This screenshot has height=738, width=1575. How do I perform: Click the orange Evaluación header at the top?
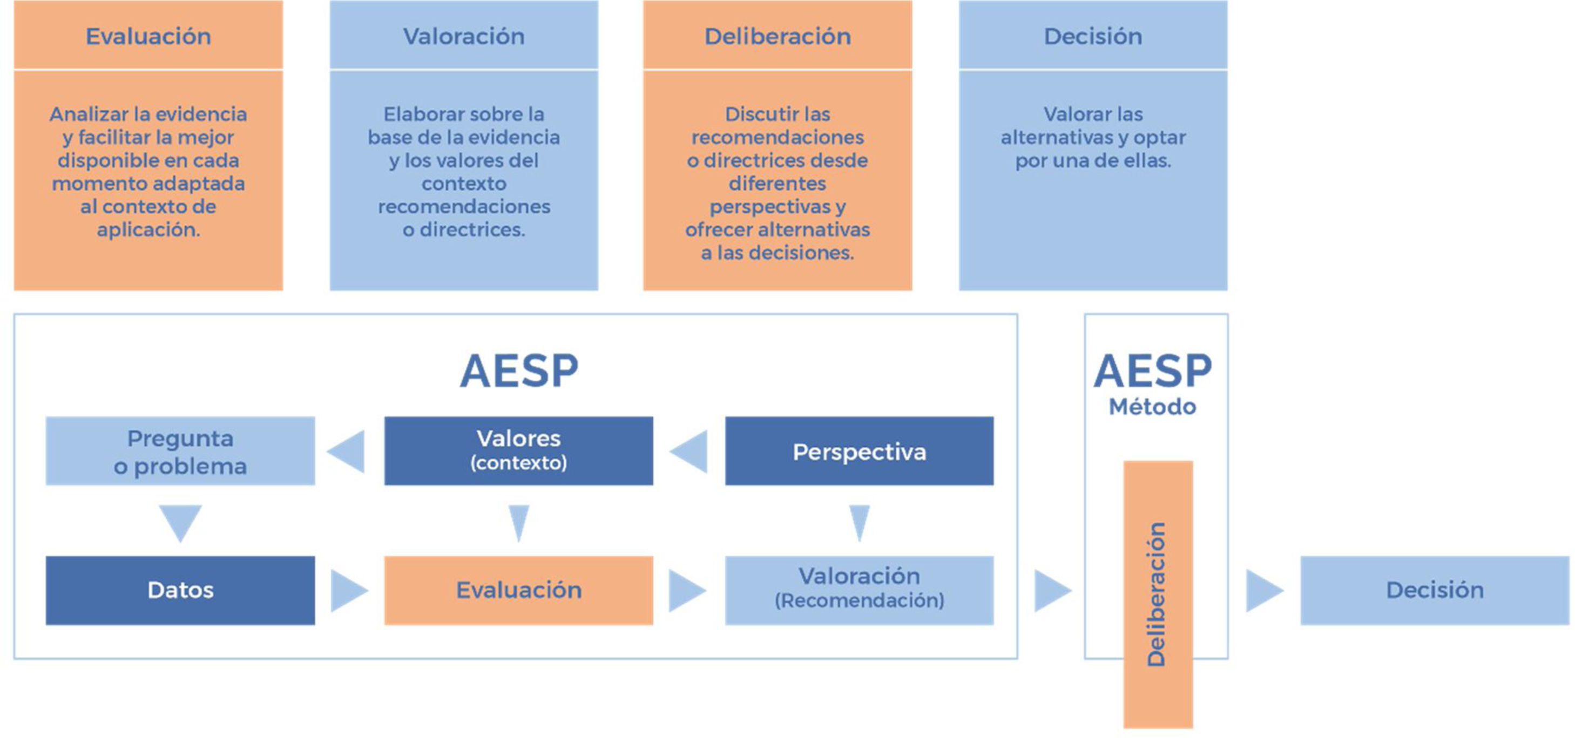[148, 36]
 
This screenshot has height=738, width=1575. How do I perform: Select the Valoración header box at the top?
[463, 36]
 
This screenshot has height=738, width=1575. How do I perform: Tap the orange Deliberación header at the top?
[777, 36]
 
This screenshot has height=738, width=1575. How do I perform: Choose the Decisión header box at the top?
[1093, 36]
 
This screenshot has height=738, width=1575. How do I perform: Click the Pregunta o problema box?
[180, 452]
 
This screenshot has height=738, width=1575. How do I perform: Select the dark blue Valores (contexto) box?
[518, 451]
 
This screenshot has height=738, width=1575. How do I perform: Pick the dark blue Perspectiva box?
[859, 452]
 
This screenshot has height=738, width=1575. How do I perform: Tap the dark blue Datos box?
[180, 590]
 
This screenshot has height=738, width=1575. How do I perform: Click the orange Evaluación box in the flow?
[518, 590]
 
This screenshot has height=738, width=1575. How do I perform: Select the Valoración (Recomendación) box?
[859, 590]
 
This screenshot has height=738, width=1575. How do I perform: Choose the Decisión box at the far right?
[1435, 590]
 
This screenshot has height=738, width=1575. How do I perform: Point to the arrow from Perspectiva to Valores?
[690, 452]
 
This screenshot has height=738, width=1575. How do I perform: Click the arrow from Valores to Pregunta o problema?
[348, 452]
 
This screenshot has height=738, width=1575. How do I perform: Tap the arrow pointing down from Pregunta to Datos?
[180, 521]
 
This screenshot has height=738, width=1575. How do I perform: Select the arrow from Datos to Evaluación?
[348, 590]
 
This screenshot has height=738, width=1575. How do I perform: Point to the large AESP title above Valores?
[518, 371]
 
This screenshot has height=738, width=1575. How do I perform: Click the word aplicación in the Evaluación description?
[148, 230]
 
